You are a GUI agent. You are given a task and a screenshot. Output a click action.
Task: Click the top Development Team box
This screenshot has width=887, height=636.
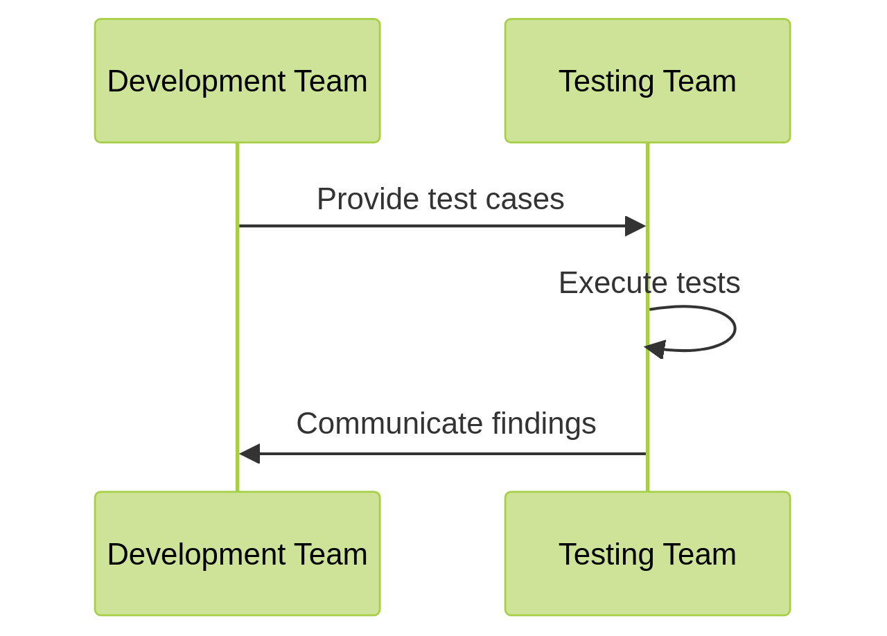pos(237,81)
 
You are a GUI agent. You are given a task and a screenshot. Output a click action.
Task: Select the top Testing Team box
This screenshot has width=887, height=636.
pos(647,81)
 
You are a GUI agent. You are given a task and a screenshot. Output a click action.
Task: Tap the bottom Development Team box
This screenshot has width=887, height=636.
pos(237,554)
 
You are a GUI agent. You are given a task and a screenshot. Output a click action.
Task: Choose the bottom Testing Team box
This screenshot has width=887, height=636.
pos(647,554)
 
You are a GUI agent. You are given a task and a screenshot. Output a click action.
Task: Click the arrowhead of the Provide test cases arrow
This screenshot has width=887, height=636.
pos(635,226)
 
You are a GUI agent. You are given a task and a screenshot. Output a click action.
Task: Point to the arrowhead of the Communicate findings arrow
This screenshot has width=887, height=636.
pos(249,454)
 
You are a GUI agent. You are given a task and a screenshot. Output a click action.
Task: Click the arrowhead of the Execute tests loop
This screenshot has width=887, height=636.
pos(656,348)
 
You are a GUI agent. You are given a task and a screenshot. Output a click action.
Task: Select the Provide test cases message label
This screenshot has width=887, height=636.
pos(440,200)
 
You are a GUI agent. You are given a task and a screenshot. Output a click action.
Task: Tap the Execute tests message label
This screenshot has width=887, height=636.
pos(649,283)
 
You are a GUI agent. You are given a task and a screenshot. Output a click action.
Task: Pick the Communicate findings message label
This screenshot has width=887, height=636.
pos(446,423)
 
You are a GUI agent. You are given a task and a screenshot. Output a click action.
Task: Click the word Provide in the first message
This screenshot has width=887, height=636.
pos(367,200)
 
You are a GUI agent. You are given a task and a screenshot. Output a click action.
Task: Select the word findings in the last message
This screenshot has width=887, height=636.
pos(544,423)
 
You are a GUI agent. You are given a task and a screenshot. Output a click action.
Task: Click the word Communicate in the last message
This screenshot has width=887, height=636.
pos(389,423)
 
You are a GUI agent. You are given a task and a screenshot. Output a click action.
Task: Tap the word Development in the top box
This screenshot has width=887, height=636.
pos(196,81)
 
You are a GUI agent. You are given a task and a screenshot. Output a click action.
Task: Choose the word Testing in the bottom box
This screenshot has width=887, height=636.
pos(606,554)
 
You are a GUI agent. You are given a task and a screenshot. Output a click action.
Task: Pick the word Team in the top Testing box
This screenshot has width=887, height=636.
pos(699,81)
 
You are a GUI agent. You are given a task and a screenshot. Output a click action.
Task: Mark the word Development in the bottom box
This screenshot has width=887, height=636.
pos(196,554)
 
